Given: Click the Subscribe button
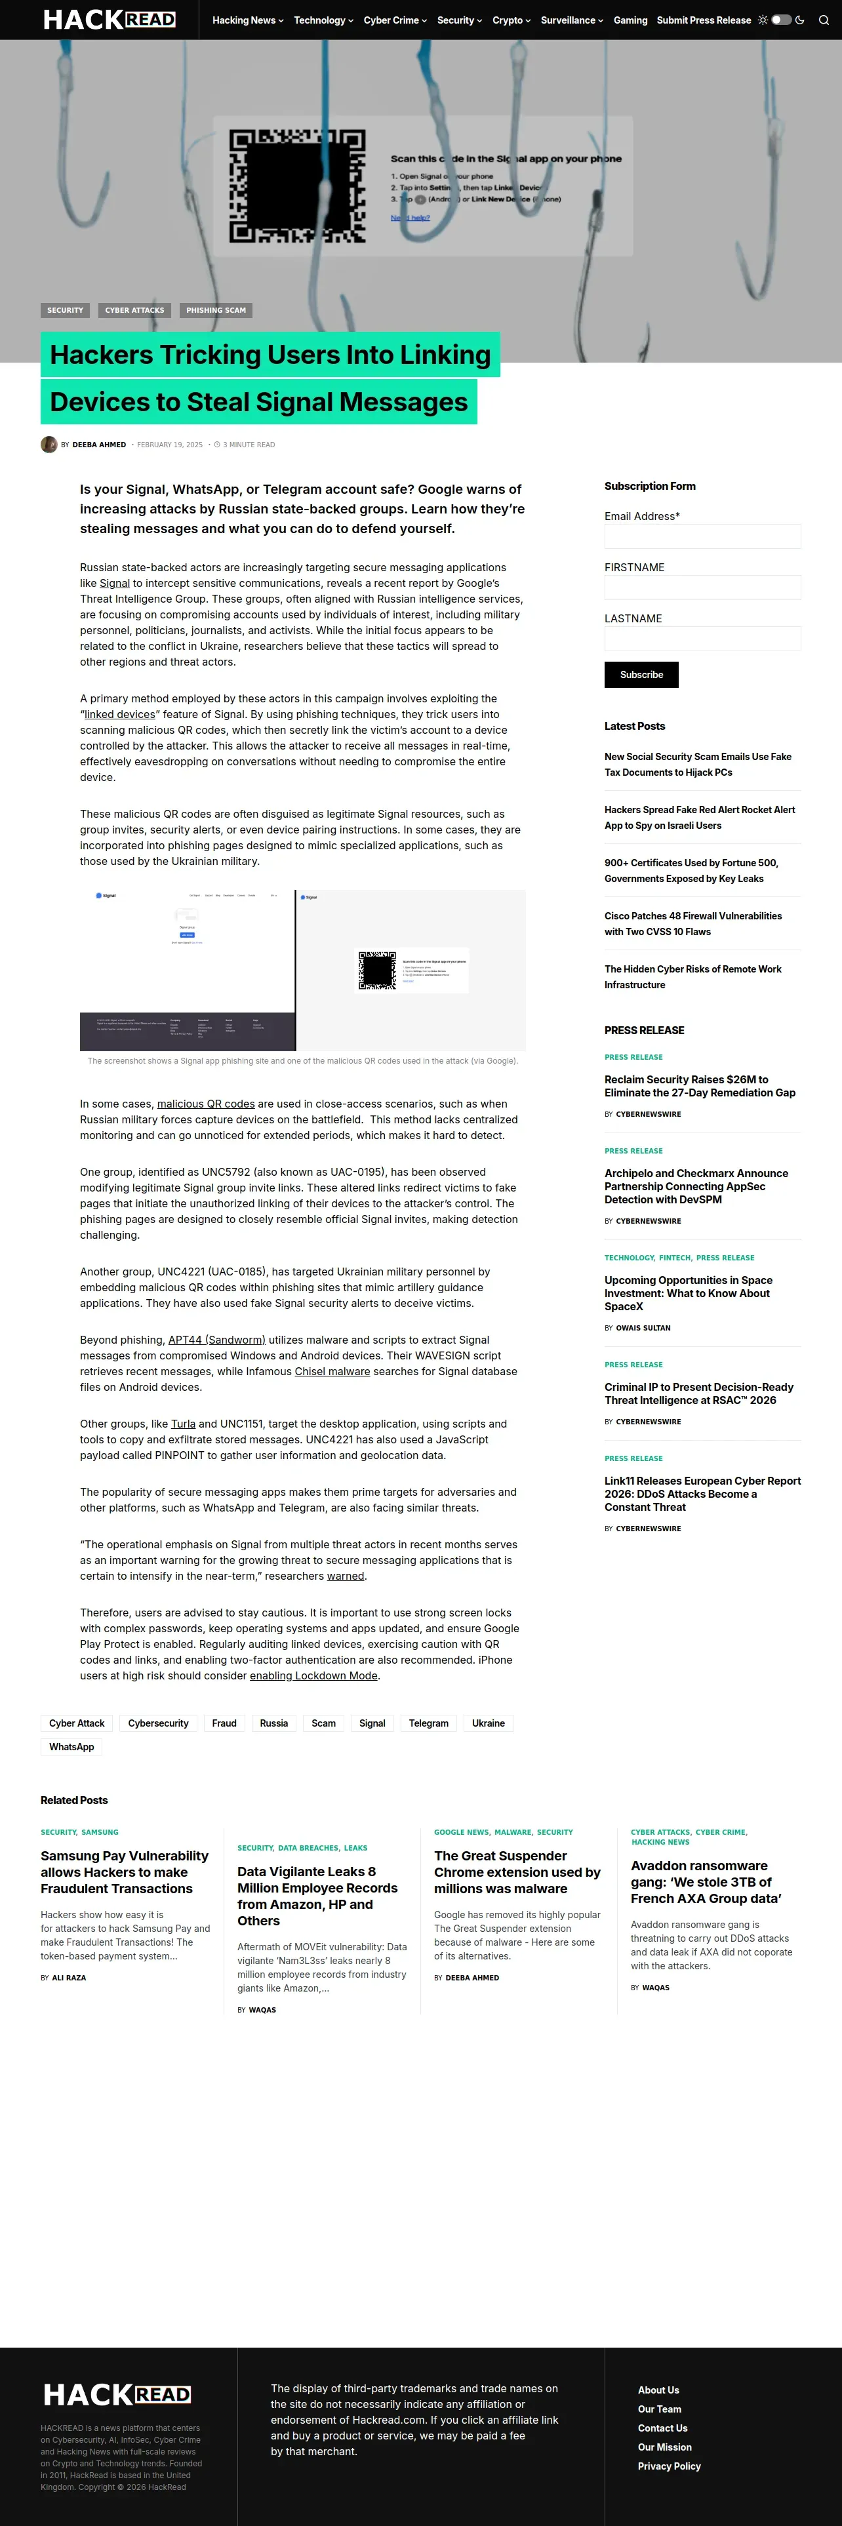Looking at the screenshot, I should (x=641, y=675).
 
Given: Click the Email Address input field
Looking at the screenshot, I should (x=702, y=536).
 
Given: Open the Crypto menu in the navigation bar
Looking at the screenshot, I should (x=511, y=20).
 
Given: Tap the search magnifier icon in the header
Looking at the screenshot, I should (x=824, y=20).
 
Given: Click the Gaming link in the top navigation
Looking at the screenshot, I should (x=630, y=20).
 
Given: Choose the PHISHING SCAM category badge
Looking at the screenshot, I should (x=216, y=310).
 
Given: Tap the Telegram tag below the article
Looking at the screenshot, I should (x=428, y=1723).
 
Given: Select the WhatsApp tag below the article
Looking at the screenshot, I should (x=71, y=1746).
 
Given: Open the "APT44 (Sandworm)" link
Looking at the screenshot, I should (x=216, y=1340).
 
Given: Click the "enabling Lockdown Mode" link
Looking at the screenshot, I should (x=313, y=1676).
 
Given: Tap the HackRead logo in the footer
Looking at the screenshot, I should (x=117, y=2395).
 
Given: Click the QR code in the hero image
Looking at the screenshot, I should (x=297, y=186).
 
